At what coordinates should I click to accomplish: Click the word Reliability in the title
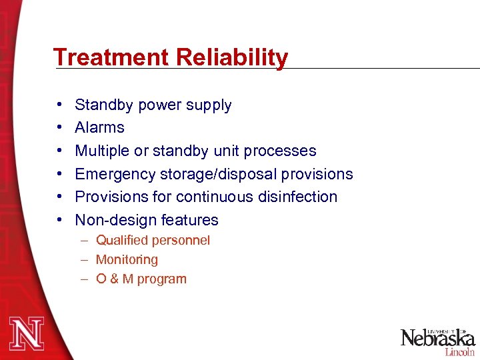coord(232,57)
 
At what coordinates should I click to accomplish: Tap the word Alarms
coord(99,127)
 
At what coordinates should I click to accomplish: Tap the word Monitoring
coord(127,259)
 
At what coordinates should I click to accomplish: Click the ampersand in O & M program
coord(114,279)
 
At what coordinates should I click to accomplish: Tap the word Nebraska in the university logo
coord(437,338)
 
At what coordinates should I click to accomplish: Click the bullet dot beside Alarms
coord(60,128)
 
